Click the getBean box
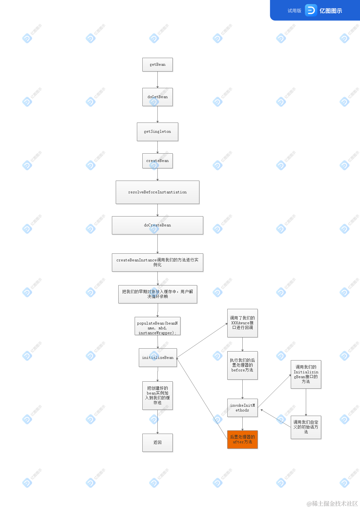(x=157, y=64)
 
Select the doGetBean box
(x=157, y=97)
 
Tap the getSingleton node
(x=157, y=131)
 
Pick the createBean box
(x=157, y=161)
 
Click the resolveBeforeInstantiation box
(x=157, y=192)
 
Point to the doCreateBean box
(x=157, y=225)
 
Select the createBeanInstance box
(x=157, y=262)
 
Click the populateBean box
(x=157, y=326)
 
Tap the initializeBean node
(x=158, y=358)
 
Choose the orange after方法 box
(x=242, y=439)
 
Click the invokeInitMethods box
(x=242, y=408)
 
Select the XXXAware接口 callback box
(x=242, y=323)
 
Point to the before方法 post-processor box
(x=242, y=365)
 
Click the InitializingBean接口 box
(x=306, y=374)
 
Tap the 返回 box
(x=157, y=443)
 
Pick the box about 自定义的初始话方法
(x=306, y=427)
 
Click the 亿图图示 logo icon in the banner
(x=311, y=11)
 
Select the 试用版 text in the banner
(x=294, y=11)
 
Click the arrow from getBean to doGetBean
(x=157, y=80)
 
